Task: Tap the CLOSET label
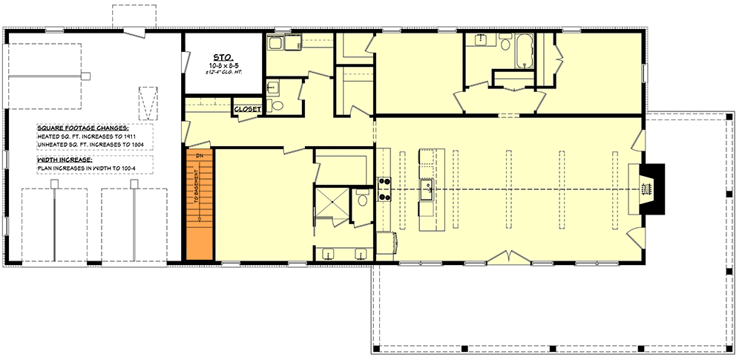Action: [x=246, y=109]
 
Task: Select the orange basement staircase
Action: [x=200, y=204]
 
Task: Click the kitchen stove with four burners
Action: [x=385, y=189]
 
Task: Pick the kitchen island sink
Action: [x=429, y=192]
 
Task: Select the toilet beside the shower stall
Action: [x=361, y=200]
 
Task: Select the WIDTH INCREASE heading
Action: [x=65, y=160]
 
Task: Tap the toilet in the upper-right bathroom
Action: [x=505, y=45]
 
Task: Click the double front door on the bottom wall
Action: [x=507, y=258]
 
